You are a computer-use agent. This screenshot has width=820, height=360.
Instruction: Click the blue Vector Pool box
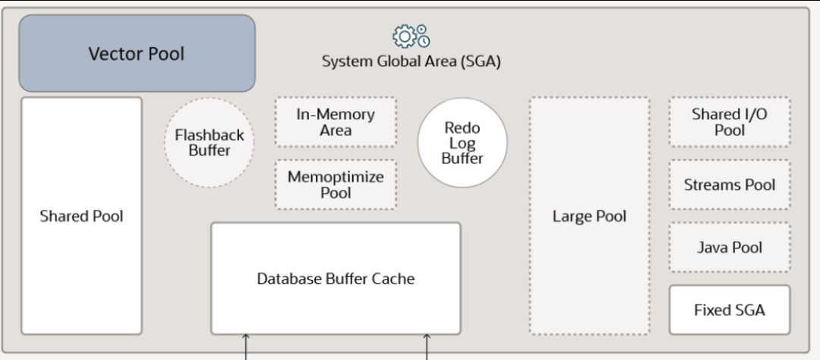[137, 53]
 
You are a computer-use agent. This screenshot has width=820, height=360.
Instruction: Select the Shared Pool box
[81, 216]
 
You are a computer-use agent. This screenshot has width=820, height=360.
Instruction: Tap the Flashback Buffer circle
[210, 142]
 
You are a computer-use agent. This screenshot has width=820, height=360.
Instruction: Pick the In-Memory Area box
[336, 122]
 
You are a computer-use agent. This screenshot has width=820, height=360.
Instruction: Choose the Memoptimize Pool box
[336, 185]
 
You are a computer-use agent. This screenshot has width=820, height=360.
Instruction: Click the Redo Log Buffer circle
[462, 142]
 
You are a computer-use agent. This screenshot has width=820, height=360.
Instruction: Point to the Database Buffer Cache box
[336, 279]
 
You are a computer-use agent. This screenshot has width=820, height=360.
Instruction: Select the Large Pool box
[589, 216]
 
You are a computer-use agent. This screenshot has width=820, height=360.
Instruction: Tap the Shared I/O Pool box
[730, 122]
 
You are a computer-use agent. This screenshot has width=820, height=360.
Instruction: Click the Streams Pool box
[730, 185]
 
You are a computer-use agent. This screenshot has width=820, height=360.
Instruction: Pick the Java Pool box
[730, 248]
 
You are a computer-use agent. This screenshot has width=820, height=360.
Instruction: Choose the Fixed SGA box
[730, 310]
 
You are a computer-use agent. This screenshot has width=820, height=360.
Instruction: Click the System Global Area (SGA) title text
[411, 62]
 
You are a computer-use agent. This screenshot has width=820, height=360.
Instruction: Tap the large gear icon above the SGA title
[404, 36]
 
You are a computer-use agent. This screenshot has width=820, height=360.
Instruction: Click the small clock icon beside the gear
[424, 41]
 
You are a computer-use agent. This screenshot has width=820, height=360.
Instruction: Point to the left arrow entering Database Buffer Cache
[246, 347]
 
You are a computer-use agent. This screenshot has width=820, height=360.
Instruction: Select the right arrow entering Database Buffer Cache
[426, 347]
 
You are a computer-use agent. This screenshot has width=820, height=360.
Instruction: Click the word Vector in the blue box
[109, 53]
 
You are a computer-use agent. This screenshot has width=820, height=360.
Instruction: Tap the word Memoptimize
[336, 178]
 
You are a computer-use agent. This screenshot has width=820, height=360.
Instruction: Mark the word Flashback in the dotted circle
[210, 135]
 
